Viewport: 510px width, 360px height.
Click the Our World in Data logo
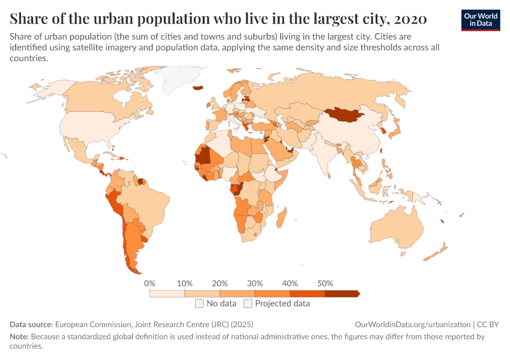(x=480, y=20)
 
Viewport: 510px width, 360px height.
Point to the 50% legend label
(x=325, y=283)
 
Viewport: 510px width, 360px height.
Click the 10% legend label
(x=185, y=283)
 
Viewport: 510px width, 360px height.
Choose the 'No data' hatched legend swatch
(x=199, y=304)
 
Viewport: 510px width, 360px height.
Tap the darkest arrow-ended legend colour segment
(x=341, y=293)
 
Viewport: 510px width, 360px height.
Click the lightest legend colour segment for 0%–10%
(x=167, y=293)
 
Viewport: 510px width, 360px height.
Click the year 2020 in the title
(x=411, y=19)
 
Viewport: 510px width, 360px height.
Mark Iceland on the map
(x=197, y=88)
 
